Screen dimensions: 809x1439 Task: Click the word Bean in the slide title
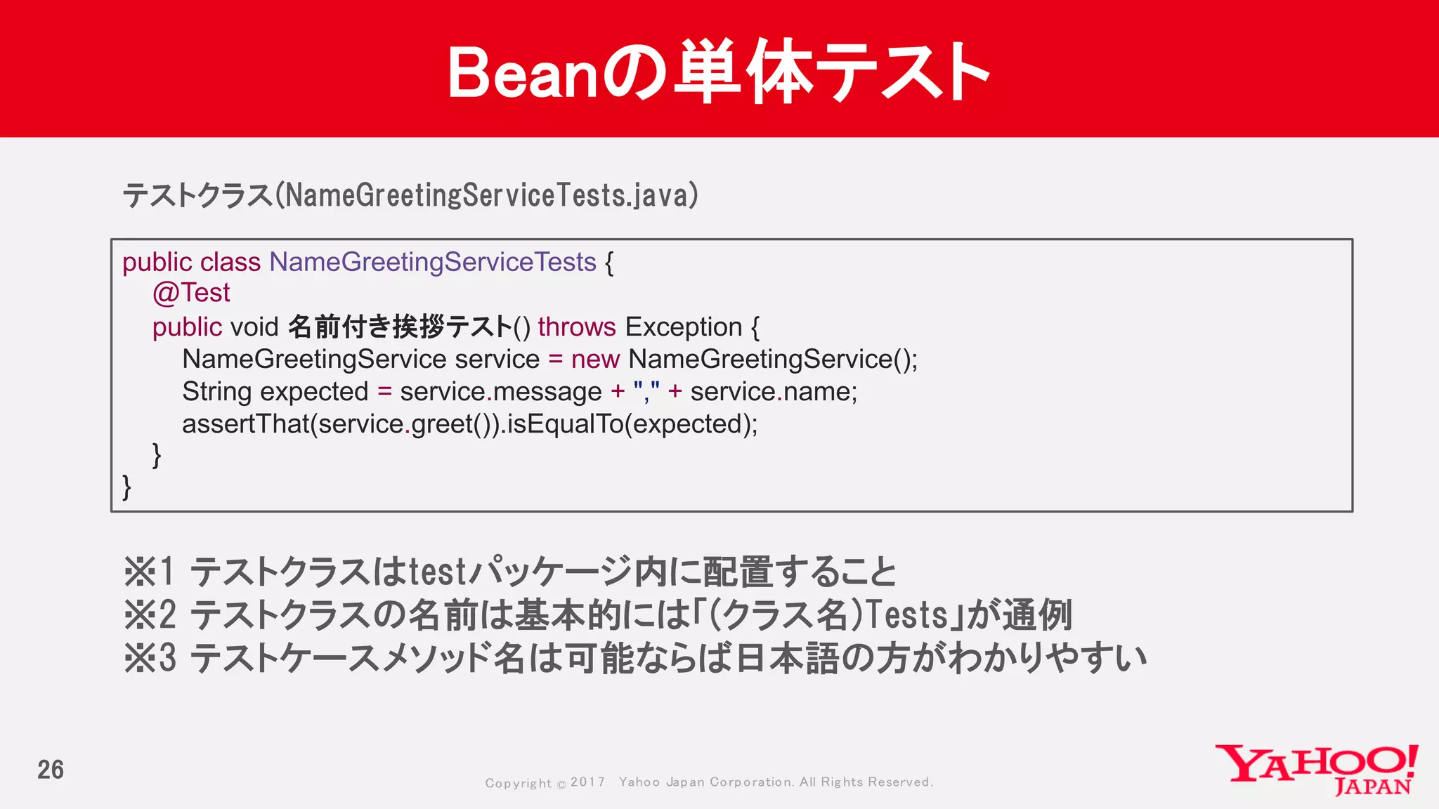pos(521,73)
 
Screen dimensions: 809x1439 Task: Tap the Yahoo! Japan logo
pos(1317,770)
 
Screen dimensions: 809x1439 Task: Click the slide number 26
pos(51,770)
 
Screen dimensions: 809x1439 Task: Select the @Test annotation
pos(191,293)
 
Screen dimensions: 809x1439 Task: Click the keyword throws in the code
pos(576,327)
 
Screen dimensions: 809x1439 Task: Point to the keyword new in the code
pos(594,360)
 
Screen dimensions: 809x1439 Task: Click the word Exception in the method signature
pos(683,327)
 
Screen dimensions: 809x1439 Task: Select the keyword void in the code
pos(254,327)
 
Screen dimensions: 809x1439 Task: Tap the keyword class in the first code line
pos(230,263)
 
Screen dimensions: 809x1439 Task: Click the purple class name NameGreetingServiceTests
pos(433,263)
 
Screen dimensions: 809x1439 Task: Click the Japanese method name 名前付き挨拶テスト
pos(400,327)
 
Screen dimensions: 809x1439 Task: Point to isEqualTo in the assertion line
pos(564,424)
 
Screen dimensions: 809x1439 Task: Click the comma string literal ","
pos(646,392)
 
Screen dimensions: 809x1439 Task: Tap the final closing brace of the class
pos(126,486)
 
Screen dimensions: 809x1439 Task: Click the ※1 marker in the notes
pos(148,572)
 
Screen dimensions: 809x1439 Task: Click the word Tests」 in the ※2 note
pos(913,615)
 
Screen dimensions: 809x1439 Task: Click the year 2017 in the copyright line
pos(587,782)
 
